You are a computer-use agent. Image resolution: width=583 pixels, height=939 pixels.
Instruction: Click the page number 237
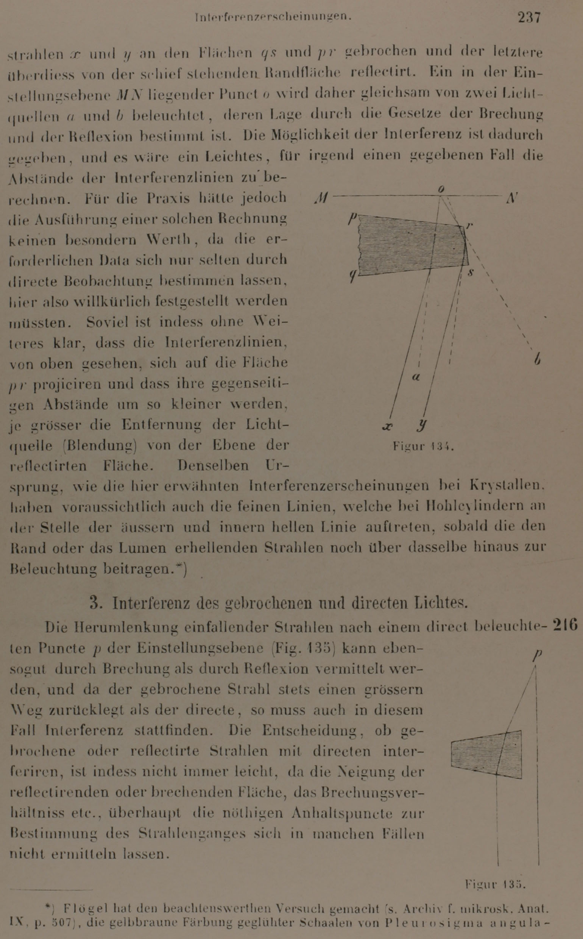click(529, 17)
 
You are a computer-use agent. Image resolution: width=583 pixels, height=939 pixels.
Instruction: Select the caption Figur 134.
click(423, 446)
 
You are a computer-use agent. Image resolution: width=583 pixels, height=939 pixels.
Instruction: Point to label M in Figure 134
click(321, 198)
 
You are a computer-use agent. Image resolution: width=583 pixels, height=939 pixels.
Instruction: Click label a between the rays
click(416, 377)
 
